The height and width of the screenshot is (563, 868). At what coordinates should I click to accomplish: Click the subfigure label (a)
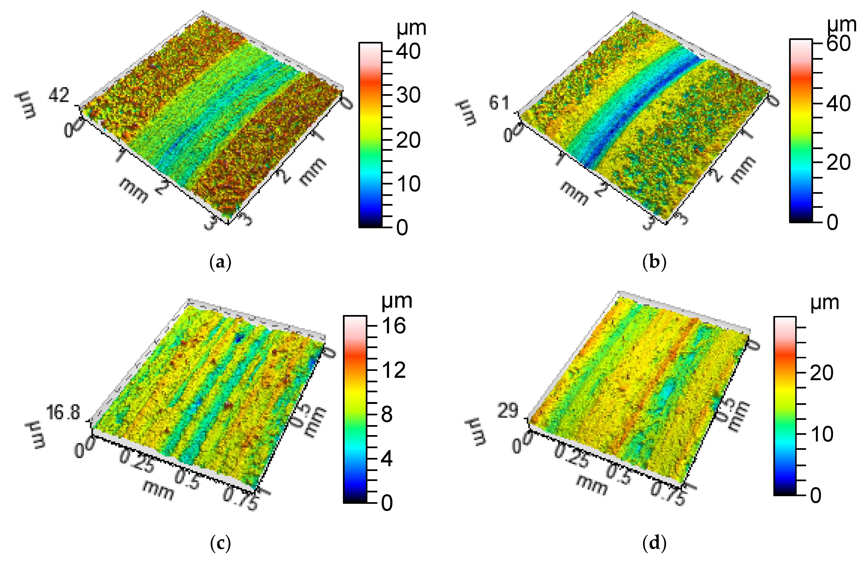point(221,262)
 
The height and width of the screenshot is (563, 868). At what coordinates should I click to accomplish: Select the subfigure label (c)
point(221,544)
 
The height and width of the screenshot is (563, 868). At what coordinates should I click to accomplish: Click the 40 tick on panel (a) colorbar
point(408,51)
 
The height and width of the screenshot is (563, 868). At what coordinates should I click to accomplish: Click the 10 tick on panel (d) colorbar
point(822,434)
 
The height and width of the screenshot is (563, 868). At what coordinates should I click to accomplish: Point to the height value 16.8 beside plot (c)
point(63,413)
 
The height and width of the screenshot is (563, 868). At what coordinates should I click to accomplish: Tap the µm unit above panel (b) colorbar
point(841,25)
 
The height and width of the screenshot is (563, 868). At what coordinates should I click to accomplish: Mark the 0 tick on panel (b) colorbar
point(832,222)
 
